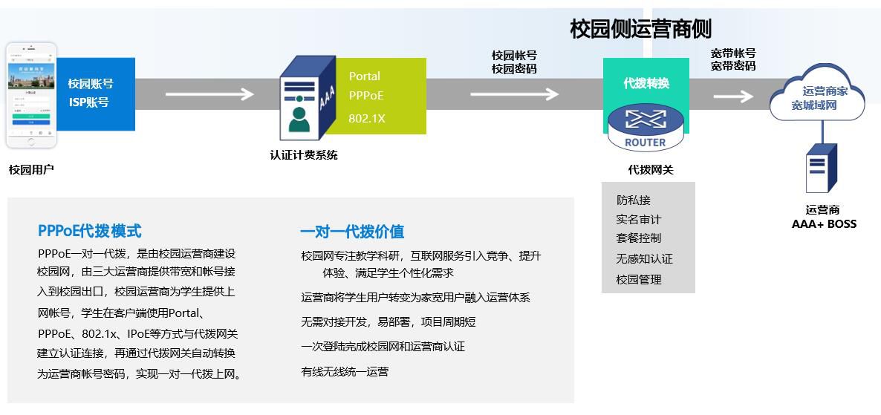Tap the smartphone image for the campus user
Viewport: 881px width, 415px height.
tap(31, 95)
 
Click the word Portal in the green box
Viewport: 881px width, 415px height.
tap(365, 76)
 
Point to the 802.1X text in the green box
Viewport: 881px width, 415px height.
tap(367, 118)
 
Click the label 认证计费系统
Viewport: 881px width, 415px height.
tap(303, 156)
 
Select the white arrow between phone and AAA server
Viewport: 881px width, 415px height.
tap(209, 94)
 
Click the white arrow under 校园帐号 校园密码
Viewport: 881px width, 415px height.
tap(514, 94)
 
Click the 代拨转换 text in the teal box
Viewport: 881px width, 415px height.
tap(646, 83)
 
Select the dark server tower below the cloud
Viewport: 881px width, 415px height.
tap(821, 169)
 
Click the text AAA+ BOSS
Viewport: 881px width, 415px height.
tap(824, 223)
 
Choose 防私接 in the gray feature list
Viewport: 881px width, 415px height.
tap(633, 200)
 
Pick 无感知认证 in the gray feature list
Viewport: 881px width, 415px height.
tap(644, 259)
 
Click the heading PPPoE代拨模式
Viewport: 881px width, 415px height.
tap(89, 231)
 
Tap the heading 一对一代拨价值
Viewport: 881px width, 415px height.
tap(352, 232)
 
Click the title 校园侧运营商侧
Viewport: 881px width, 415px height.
tap(640, 29)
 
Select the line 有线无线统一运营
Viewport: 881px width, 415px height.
tap(345, 371)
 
